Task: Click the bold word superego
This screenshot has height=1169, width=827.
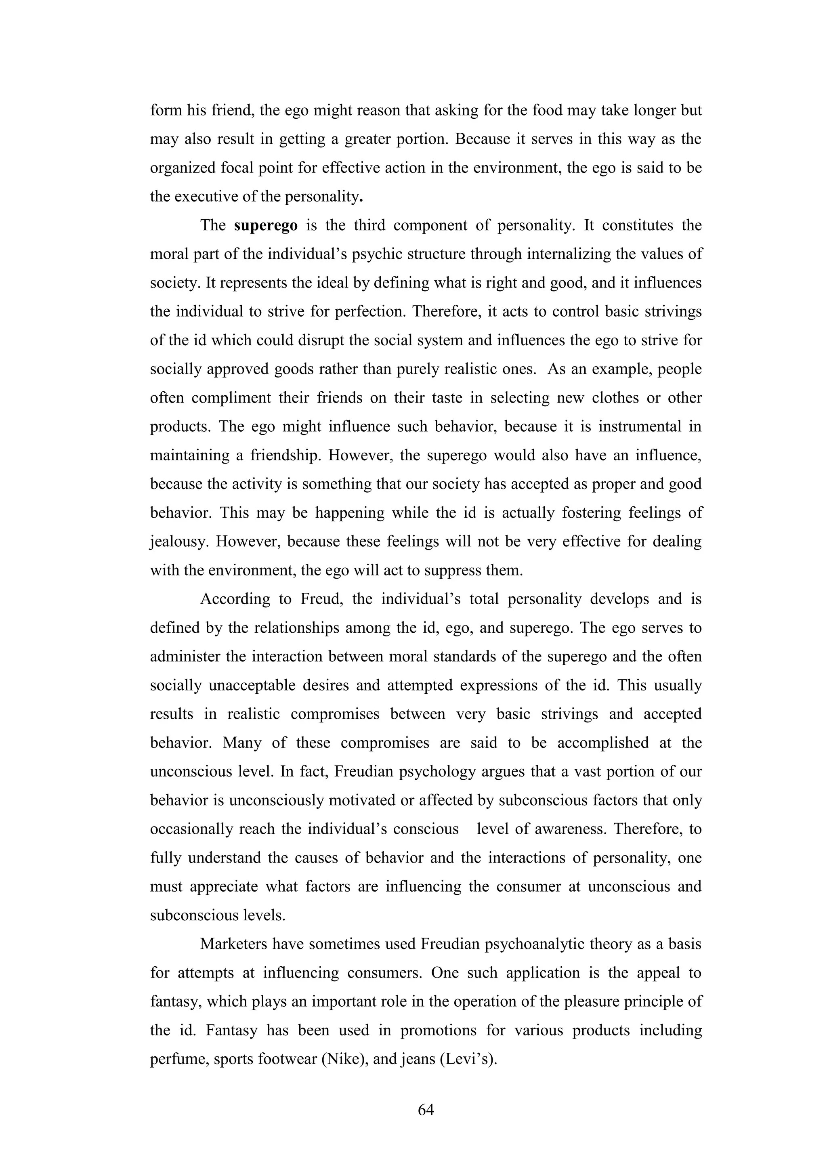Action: pyautogui.click(x=266, y=225)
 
